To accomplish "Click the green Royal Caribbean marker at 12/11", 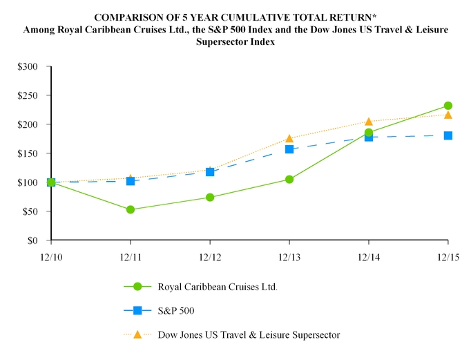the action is pyautogui.click(x=131, y=209).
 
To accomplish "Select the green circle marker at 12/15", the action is pyautogui.click(x=448, y=106).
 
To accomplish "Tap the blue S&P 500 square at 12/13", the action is pyautogui.click(x=289, y=149).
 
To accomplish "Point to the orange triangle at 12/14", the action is pyautogui.click(x=369, y=122).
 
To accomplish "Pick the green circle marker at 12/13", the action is pyautogui.click(x=289, y=180).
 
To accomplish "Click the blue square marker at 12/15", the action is pyautogui.click(x=448, y=135).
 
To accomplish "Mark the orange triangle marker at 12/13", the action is pyautogui.click(x=289, y=138).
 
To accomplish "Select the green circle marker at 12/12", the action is pyautogui.click(x=210, y=198).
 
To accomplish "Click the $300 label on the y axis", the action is pyautogui.click(x=28, y=66).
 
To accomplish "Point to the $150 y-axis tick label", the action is pyautogui.click(x=28, y=153).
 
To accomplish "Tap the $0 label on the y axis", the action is pyautogui.click(x=32, y=240).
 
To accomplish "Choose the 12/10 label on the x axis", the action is pyautogui.click(x=51, y=257).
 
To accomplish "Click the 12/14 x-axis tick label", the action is pyautogui.click(x=369, y=257).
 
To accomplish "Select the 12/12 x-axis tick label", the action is pyautogui.click(x=210, y=257).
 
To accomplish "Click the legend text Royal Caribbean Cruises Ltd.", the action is pyautogui.click(x=218, y=287).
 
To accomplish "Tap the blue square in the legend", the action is pyautogui.click(x=137, y=310).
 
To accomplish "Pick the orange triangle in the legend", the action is pyautogui.click(x=137, y=334).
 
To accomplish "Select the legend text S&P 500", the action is pyautogui.click(x=176, y=310).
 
